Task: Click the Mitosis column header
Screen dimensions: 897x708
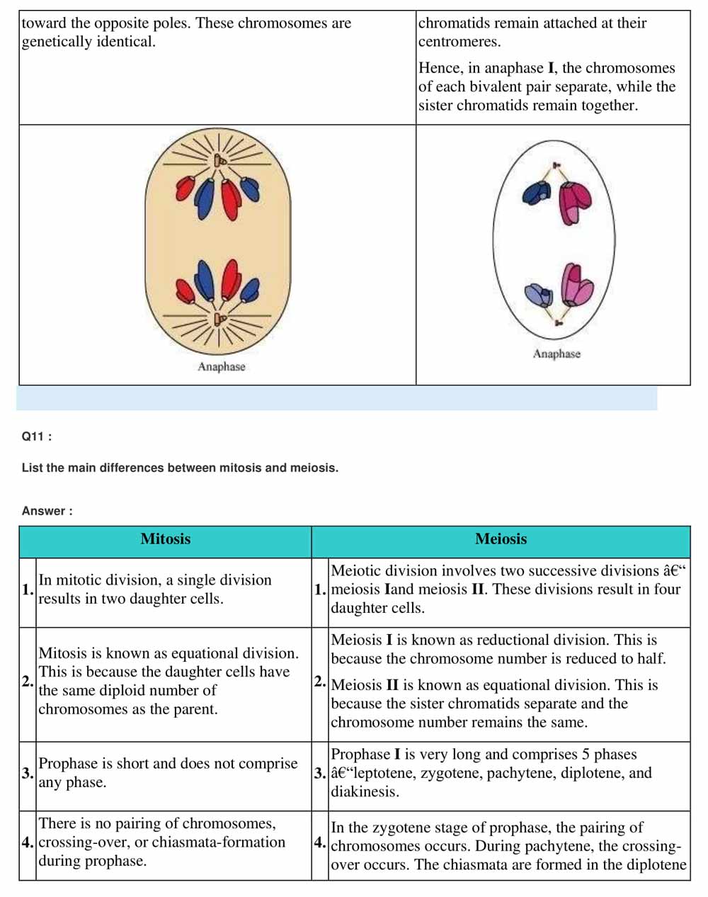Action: pyautogui.click(x=165, y=539)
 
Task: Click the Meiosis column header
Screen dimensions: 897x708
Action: pyautogui.click(x=501, y=539)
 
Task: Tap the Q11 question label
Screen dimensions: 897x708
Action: pyautogui.click(x=37, y=436)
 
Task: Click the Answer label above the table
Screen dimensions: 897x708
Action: pyautogui.click(x=47, y=511)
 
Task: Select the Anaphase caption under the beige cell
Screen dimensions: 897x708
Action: pyautogui.click(x=221, y=366)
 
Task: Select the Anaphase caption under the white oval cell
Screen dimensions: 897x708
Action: pyautogui.click(x=556, y=354)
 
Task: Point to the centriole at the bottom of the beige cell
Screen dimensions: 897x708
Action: pyautogui.click(x=220, y=320)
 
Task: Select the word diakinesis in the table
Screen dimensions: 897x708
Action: pyautogui.click(x=365, y=791)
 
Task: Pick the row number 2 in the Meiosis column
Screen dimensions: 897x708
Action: pyautogui.click(x=320, y=682)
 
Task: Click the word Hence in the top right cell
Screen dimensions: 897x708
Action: pyautogui.click(x=440, y=68)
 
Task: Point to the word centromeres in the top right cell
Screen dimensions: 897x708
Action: pyautogui.click(x=459, y=42)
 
